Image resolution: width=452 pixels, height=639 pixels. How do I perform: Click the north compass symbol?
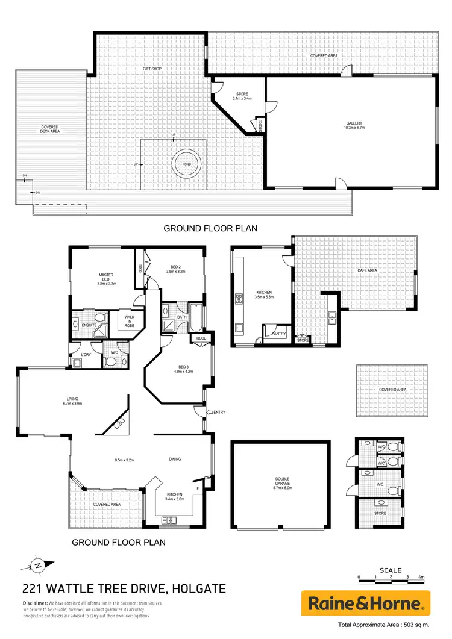pos(37,565)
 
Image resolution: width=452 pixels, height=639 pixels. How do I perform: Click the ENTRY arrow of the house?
pos(215,412)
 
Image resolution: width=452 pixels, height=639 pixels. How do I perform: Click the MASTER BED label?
pos(106,279)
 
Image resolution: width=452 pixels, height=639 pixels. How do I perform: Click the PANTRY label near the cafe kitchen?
pos(278,333)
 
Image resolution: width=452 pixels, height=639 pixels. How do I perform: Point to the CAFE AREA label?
pos(367,270)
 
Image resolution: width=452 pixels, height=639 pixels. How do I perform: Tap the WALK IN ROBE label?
pos(130,321)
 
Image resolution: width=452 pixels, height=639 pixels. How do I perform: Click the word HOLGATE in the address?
pos(201,588)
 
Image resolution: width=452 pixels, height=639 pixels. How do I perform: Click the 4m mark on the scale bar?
pos(422,577)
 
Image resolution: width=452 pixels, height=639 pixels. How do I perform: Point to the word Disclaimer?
pos(35,603)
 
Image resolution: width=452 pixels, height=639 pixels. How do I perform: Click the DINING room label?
pos(175,459)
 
